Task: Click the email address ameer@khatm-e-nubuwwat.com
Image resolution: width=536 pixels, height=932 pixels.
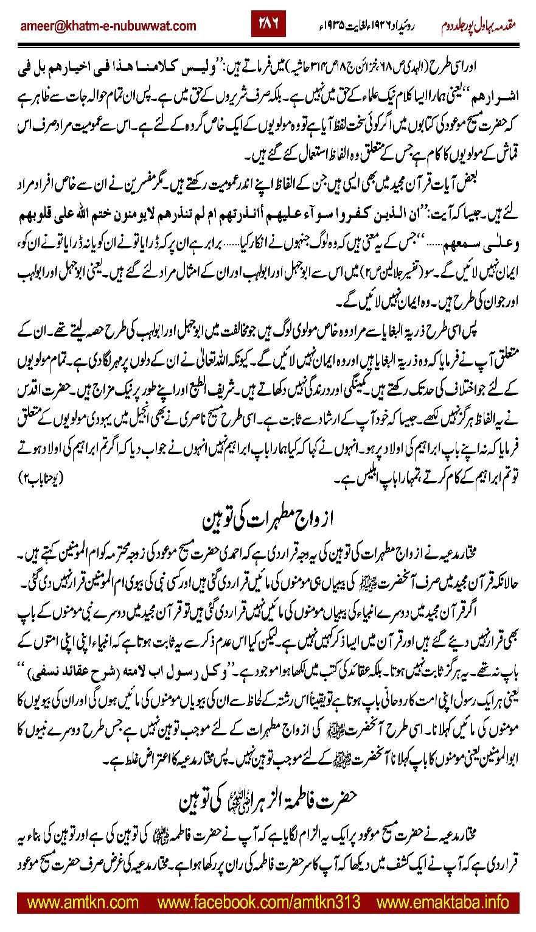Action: pos(108,26)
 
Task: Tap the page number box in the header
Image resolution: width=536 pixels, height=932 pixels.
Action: pos(268,25)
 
